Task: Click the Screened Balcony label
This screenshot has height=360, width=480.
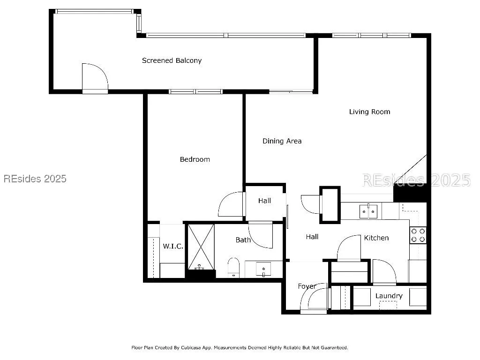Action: tap(172, 60)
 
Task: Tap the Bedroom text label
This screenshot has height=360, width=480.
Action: tap(195, 159)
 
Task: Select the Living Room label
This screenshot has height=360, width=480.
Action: tap(369, 112)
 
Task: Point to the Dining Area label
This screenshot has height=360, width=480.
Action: tap(282, 141)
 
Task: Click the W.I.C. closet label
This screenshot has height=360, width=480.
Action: tap(173, 246)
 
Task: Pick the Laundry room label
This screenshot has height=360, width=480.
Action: tap(389, 296)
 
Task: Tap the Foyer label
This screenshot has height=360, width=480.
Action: tap(307, 286)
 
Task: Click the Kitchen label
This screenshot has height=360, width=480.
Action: tap(376, 238)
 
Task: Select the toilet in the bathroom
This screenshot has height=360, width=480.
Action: tap(233, 268)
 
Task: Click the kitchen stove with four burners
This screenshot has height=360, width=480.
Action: tap(418, 235)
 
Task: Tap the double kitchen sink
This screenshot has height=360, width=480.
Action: tap(368, 211)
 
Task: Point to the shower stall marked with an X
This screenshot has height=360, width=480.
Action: tap(201, 247)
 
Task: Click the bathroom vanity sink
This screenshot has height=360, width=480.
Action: tap(263, 270)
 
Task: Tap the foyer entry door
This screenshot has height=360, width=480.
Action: tap(314, 299)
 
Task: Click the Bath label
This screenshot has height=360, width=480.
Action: tap(243, 240)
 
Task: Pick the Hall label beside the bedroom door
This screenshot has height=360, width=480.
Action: tap(264, 201)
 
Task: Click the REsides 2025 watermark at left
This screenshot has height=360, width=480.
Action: tap(35, 179)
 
